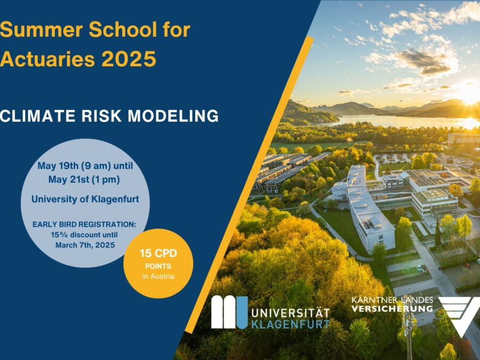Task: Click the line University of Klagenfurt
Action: (85, 199)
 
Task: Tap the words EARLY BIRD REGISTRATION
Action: (85, 225)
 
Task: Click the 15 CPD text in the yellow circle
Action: (158, 253)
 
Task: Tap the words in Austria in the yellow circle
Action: (158, 276)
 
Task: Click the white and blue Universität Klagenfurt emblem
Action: (229, 312)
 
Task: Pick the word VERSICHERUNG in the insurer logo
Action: (392, 309)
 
